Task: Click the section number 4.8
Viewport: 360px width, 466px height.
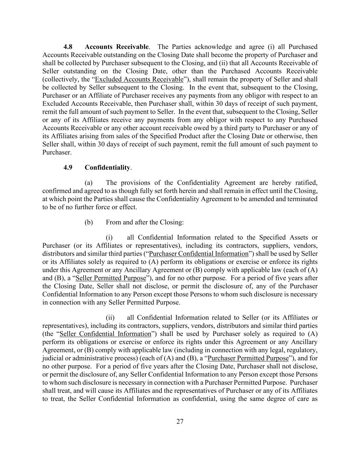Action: [x=68, y=47]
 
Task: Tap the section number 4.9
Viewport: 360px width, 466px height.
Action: [x=68, y=168]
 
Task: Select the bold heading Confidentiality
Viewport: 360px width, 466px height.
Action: [x=107, y=168]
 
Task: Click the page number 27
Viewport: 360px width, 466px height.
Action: [x=180, y=422]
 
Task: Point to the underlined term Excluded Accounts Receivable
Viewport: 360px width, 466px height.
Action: [x=139, y=80]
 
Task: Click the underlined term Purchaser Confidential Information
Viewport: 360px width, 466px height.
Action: [x=199, y=254]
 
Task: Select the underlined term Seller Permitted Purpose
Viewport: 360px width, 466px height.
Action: [x=111, y=278]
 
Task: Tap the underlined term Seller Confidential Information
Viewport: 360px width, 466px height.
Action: [x=105, y=334]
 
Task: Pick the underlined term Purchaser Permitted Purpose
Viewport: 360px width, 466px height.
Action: [x=248, y=358]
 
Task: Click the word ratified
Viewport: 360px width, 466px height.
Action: [x=306, y=183]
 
